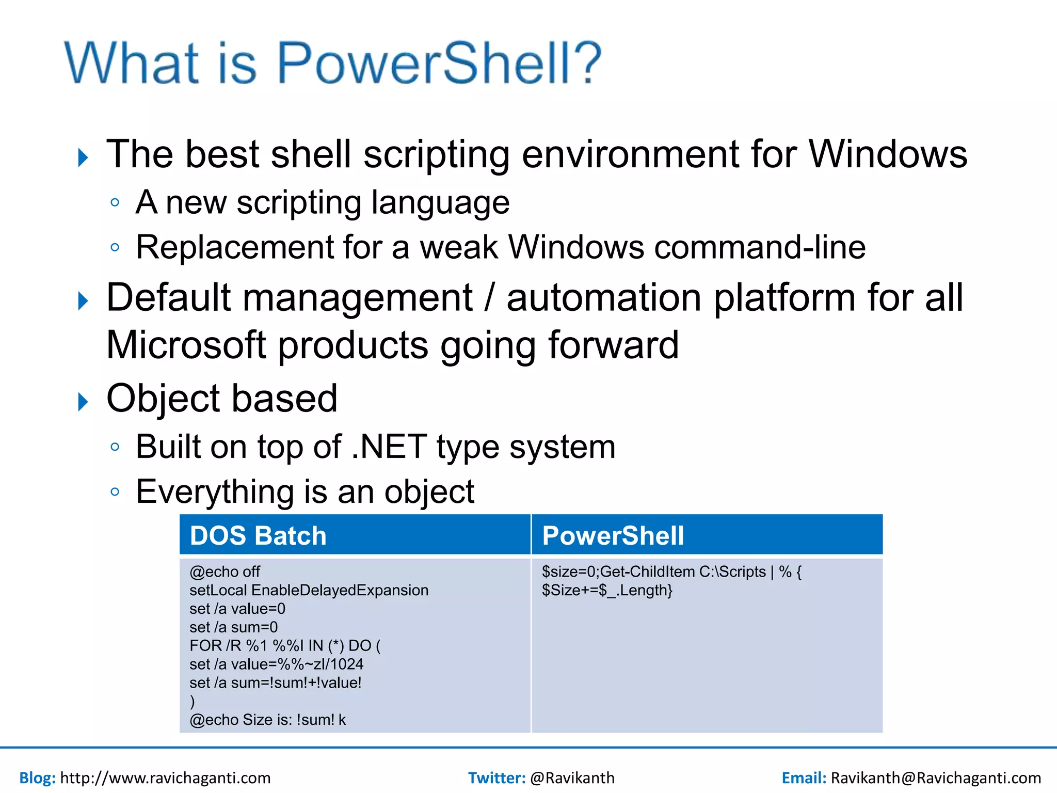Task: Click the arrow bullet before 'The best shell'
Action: (x=83, y=157)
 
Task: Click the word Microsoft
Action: (x=186, y=345)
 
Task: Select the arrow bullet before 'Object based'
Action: (x=83, y=402)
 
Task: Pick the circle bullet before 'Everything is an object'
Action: (x=115, y=491)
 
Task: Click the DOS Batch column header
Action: (x=258, y=535)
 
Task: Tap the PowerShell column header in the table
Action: (x=613, y=535)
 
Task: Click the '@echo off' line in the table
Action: (x=225, y=572)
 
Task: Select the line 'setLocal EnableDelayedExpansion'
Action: (x=309, y=590)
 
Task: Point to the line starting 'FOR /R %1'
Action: (x=285, y=646)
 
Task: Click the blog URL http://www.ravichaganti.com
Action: (x=165, y=778)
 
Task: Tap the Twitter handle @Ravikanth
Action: (x=572, y=778)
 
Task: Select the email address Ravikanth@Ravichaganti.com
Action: (x=935, y=778)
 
